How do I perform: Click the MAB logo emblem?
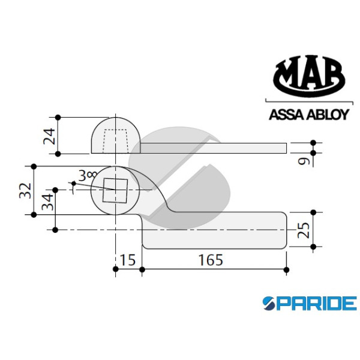tap(309, 76)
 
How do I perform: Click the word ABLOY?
tap(328, 115)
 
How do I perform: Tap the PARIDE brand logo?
tap(310, 303)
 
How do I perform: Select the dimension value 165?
tap(211, 260)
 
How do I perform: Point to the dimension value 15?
tap(128, 260)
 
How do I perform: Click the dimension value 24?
tap(50, 136)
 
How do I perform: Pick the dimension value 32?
tap(25, 190)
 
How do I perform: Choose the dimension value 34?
tap(47, 202)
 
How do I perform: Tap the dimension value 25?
tap(304, 230)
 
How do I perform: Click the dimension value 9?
tap(304, 161)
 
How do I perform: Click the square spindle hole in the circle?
tap(115, 191)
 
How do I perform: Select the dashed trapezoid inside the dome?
tap(115, 141)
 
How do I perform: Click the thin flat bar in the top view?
tap(213, 148)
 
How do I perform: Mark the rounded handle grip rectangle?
tap(214, 230)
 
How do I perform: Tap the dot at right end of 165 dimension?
tap(286, 269)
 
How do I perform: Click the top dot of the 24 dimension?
tap(58, 118)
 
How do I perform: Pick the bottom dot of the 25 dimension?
tap(313, 247)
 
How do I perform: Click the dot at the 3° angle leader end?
tap(74, 184)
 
